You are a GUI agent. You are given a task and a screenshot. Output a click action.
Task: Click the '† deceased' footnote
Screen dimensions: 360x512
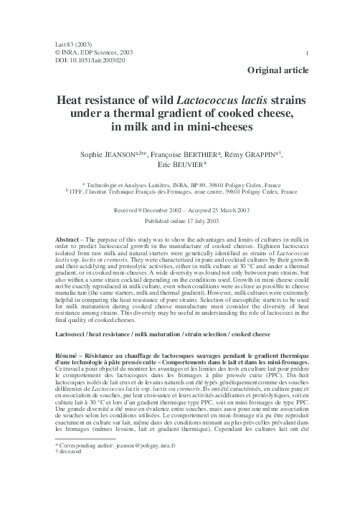point(72,495)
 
